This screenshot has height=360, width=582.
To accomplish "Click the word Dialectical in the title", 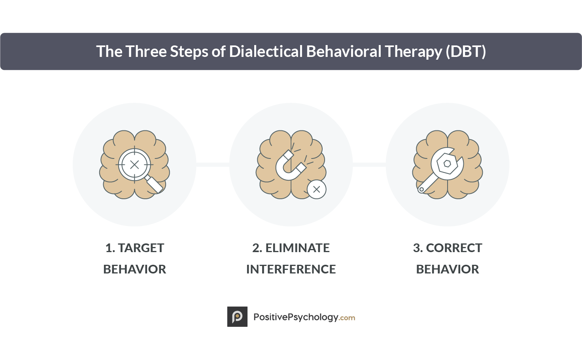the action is click(266, 51).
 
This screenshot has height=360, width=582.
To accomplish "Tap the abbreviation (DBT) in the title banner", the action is click(466, 51).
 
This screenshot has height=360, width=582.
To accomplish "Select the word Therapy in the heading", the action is click(414, 52).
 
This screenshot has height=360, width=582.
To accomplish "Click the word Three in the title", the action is click(146, 51).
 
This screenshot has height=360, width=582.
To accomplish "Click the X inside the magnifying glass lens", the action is click(134, 165).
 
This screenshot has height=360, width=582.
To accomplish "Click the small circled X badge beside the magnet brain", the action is click(316, 189).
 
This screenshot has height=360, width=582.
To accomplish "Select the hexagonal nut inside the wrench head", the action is click(447, 164).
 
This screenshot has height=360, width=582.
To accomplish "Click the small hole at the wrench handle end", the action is click(421, 189).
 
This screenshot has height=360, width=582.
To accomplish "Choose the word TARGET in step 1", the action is click(141, 248).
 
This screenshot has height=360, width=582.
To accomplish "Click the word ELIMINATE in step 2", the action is click(297, 248).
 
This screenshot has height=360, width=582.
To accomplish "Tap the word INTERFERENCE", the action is click(291, 270).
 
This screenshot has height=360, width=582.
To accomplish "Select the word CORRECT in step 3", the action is click(454, 248).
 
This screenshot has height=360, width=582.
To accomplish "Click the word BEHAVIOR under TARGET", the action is click(134, 270).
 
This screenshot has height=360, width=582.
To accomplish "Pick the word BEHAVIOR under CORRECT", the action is click(448, 270).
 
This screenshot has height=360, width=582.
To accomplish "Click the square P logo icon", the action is click(237, 317).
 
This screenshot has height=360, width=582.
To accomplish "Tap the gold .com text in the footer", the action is click(347, 318).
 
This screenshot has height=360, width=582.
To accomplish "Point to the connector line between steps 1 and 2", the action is click(213, 165).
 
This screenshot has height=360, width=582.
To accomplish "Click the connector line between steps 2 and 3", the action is click(369, 165).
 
